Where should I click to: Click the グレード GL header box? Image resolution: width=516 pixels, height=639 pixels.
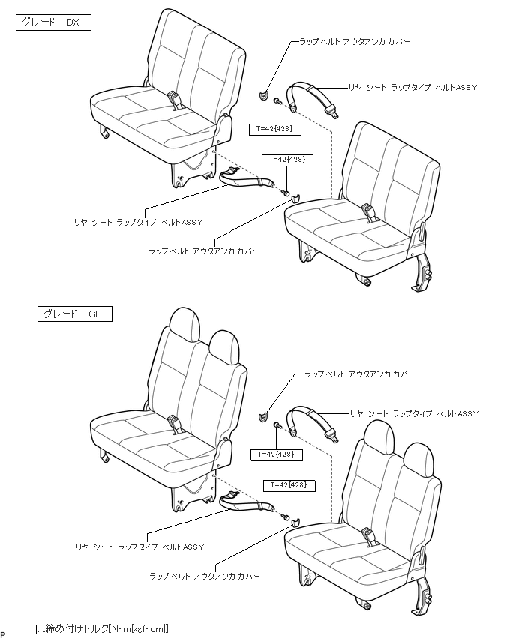(x=73, y=313)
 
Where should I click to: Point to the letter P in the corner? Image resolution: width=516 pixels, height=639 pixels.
(x=4, y=634)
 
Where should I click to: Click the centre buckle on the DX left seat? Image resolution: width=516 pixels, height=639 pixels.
(x=177, y=99)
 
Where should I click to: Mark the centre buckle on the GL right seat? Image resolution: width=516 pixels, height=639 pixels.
(x=369, y=536)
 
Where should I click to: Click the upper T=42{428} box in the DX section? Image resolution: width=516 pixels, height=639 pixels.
(x=277, y=129)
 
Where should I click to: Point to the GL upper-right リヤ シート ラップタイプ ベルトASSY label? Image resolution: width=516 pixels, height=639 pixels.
(x=413, y=413)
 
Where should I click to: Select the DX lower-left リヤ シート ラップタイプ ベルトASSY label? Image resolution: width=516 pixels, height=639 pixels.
(x=139, y=221)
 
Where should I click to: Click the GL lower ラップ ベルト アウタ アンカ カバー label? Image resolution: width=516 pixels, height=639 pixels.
(x=205, y=576)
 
